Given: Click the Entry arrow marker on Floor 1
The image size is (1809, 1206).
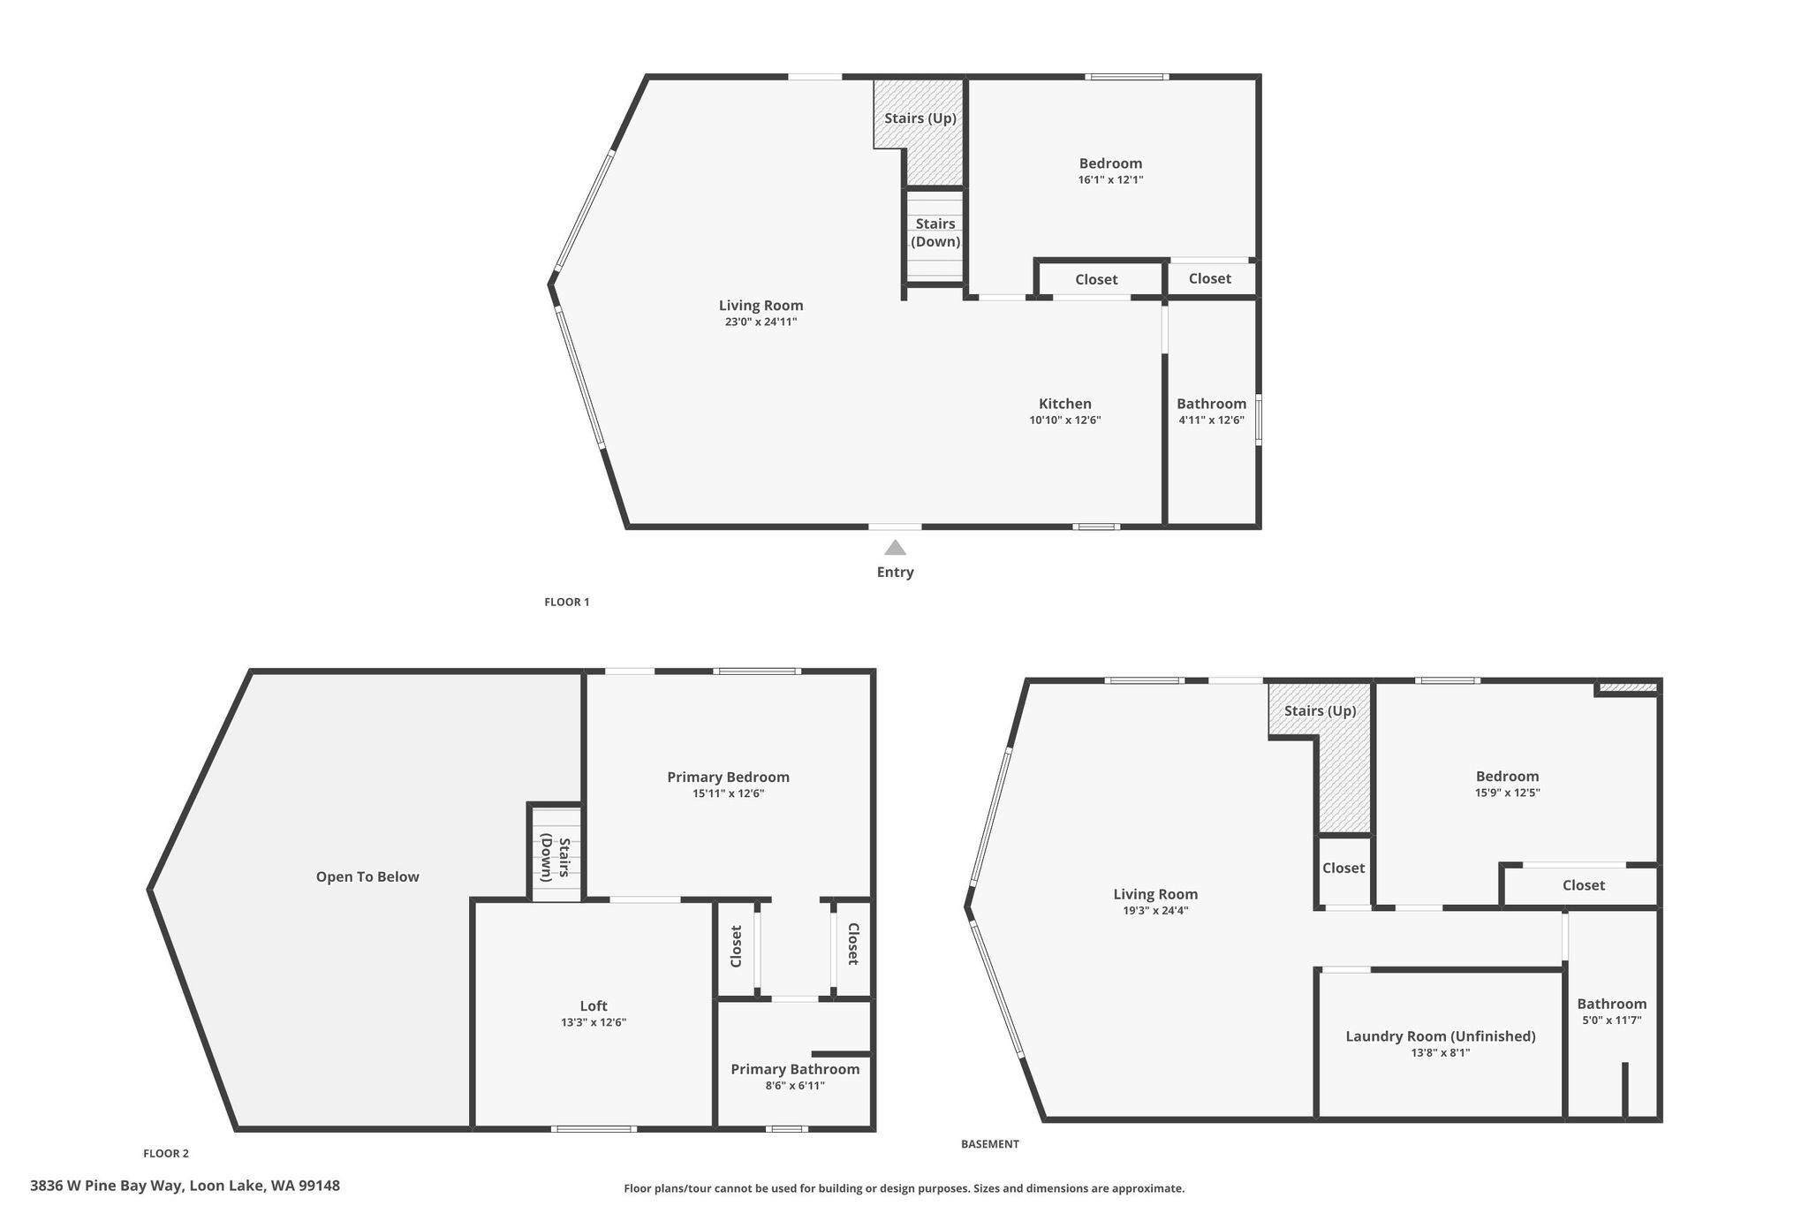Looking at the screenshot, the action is coord(895,548).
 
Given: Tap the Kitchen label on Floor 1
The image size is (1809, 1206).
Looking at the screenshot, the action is coord(1065,404).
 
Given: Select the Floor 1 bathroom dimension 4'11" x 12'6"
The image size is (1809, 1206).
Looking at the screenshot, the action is coord(1211,421).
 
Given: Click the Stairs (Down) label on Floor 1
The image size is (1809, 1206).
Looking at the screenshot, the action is coord(935,232).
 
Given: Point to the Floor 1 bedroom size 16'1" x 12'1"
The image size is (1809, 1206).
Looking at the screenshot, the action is coord(1110,180).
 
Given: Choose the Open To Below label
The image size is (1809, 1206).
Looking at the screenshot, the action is coord(367,877).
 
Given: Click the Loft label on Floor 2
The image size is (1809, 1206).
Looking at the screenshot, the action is coord(594,1005).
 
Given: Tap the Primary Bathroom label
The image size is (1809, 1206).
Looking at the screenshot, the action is coord(795,1069).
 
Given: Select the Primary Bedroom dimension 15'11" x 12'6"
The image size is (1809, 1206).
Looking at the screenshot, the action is coord(728,793).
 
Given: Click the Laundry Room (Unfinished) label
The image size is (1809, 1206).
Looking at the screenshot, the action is coord(1441,1036).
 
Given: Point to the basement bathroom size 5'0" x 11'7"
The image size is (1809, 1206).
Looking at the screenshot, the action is coord(1612,1020).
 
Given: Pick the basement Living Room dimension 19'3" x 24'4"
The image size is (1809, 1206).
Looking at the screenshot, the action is coord(1155,911).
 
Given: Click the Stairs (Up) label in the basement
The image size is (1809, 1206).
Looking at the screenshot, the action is coord(1321,711).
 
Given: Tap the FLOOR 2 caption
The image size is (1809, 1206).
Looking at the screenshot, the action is coord(166,1153).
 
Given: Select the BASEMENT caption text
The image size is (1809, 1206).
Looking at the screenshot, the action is coord(990,1144).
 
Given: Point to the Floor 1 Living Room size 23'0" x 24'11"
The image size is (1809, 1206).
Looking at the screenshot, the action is coord(761,322).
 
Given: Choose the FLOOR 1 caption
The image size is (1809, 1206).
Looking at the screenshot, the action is coord(566,603).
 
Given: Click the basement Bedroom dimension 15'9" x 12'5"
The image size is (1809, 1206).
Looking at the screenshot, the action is coord(1508,793).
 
